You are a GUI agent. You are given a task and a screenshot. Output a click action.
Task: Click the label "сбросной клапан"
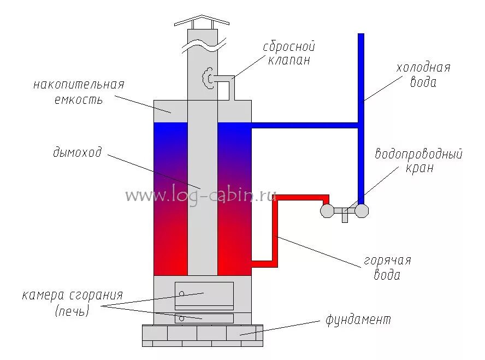(289, 53)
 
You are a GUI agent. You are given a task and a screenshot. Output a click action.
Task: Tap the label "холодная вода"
(423, 75)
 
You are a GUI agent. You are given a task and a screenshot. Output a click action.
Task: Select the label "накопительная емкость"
(79, 92)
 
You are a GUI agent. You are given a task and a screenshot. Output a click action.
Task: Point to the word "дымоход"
(78, 152)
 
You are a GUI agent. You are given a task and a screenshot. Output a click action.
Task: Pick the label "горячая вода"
(388, 268)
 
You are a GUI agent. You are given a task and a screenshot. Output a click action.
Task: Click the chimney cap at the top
(202, 22)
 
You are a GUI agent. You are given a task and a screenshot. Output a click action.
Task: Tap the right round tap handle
(362, 210)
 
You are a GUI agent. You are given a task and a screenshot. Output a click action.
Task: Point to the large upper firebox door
(204, 296)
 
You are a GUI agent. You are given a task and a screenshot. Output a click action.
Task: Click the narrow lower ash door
(204, 318)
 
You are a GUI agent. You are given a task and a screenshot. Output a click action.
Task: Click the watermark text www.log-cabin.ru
(201, 195)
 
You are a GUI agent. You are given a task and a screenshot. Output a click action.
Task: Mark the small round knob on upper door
(181, 293)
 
